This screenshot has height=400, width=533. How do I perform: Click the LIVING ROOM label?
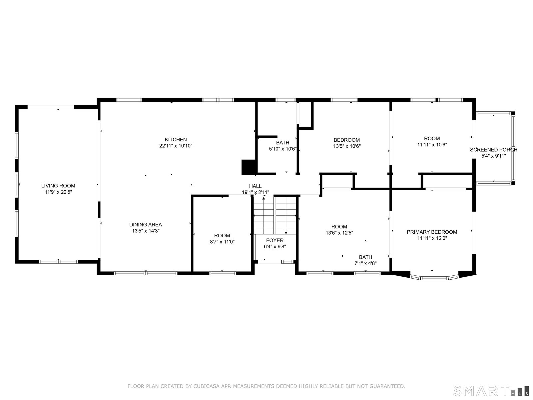pos(58,186)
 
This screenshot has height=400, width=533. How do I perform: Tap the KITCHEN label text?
pos(176,140)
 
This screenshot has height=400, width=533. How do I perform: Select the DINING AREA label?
pos(146,225)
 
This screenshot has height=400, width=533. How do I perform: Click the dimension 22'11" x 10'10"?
pos(176,146)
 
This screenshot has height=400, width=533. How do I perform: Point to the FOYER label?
pos(274,240)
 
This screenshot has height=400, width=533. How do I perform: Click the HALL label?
pos(255,186)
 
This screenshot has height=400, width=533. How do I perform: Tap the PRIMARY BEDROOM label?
pos(432,232)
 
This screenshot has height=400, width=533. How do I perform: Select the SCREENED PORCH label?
pos(494,150)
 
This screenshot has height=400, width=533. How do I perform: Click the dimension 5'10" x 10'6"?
pos(282,149)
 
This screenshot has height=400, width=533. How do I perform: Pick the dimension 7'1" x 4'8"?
pos(365,263)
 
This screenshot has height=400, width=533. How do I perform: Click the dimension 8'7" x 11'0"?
pos(222,242)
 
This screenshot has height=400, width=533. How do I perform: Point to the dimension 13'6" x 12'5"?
pos(339,233)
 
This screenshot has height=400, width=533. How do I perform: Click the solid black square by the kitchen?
pos(249,167)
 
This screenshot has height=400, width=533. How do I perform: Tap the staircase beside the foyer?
pos(275,215)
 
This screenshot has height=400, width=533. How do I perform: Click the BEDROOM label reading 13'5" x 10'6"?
pos(347,140)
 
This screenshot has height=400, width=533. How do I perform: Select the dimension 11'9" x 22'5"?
pos(58,192)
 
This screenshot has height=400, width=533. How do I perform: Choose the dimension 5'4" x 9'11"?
pos(494,156)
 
